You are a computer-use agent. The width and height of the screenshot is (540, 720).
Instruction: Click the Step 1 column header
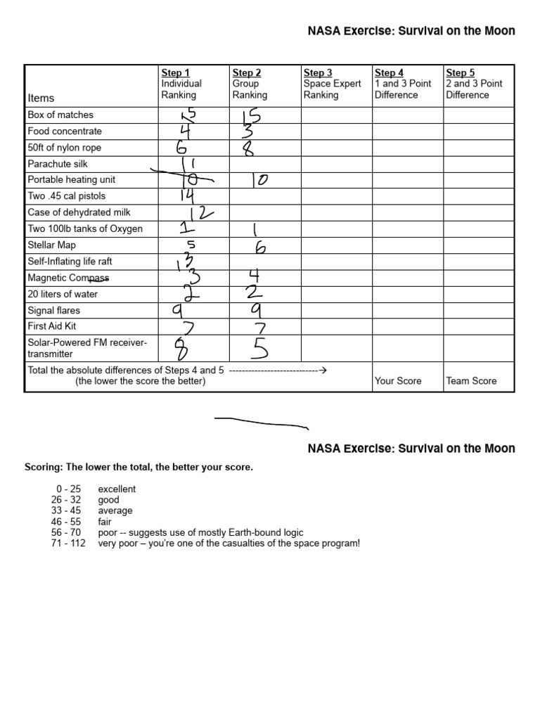tap(181, 83)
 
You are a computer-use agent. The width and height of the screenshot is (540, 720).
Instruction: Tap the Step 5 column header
tap(474, 83)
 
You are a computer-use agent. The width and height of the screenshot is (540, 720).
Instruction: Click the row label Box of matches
tap(60, 115)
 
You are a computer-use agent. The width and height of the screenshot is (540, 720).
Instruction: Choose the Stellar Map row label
tap(52, 245)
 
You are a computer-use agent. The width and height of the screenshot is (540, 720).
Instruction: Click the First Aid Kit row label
tap(53, 326)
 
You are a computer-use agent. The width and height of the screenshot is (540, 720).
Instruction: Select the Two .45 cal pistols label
tap(67, 196)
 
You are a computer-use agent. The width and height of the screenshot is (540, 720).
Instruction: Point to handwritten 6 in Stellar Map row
tap(259, 247)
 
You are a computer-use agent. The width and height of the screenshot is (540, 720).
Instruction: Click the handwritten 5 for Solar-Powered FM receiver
tap(257, 347)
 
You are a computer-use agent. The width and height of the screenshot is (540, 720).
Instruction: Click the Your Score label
tap(398, 381)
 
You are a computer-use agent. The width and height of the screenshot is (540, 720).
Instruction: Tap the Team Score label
tap(471, 381)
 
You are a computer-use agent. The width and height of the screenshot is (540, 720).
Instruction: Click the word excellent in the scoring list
tap(117, 489)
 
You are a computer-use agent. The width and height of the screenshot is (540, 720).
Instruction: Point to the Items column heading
tap(41, 98)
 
